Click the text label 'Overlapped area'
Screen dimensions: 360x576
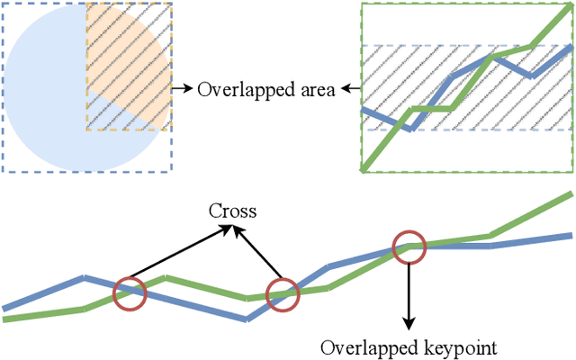[265, 89]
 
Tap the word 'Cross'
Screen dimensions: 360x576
[232, 211]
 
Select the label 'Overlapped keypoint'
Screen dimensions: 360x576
[409, 346]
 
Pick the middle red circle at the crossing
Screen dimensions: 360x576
[283, 294]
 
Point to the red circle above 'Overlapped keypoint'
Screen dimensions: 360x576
[409, 246]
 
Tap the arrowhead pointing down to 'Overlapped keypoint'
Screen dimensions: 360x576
[409, 324]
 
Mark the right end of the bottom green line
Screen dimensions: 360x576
[571, 194]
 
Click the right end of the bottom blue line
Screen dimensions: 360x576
[571, 236]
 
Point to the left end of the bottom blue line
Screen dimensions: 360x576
[6, 308]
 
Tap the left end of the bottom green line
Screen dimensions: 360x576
[6, 318]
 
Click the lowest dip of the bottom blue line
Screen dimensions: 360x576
[246, 318]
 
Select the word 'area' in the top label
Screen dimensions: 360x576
[317, 90]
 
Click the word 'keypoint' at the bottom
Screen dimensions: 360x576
[462, 346]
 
